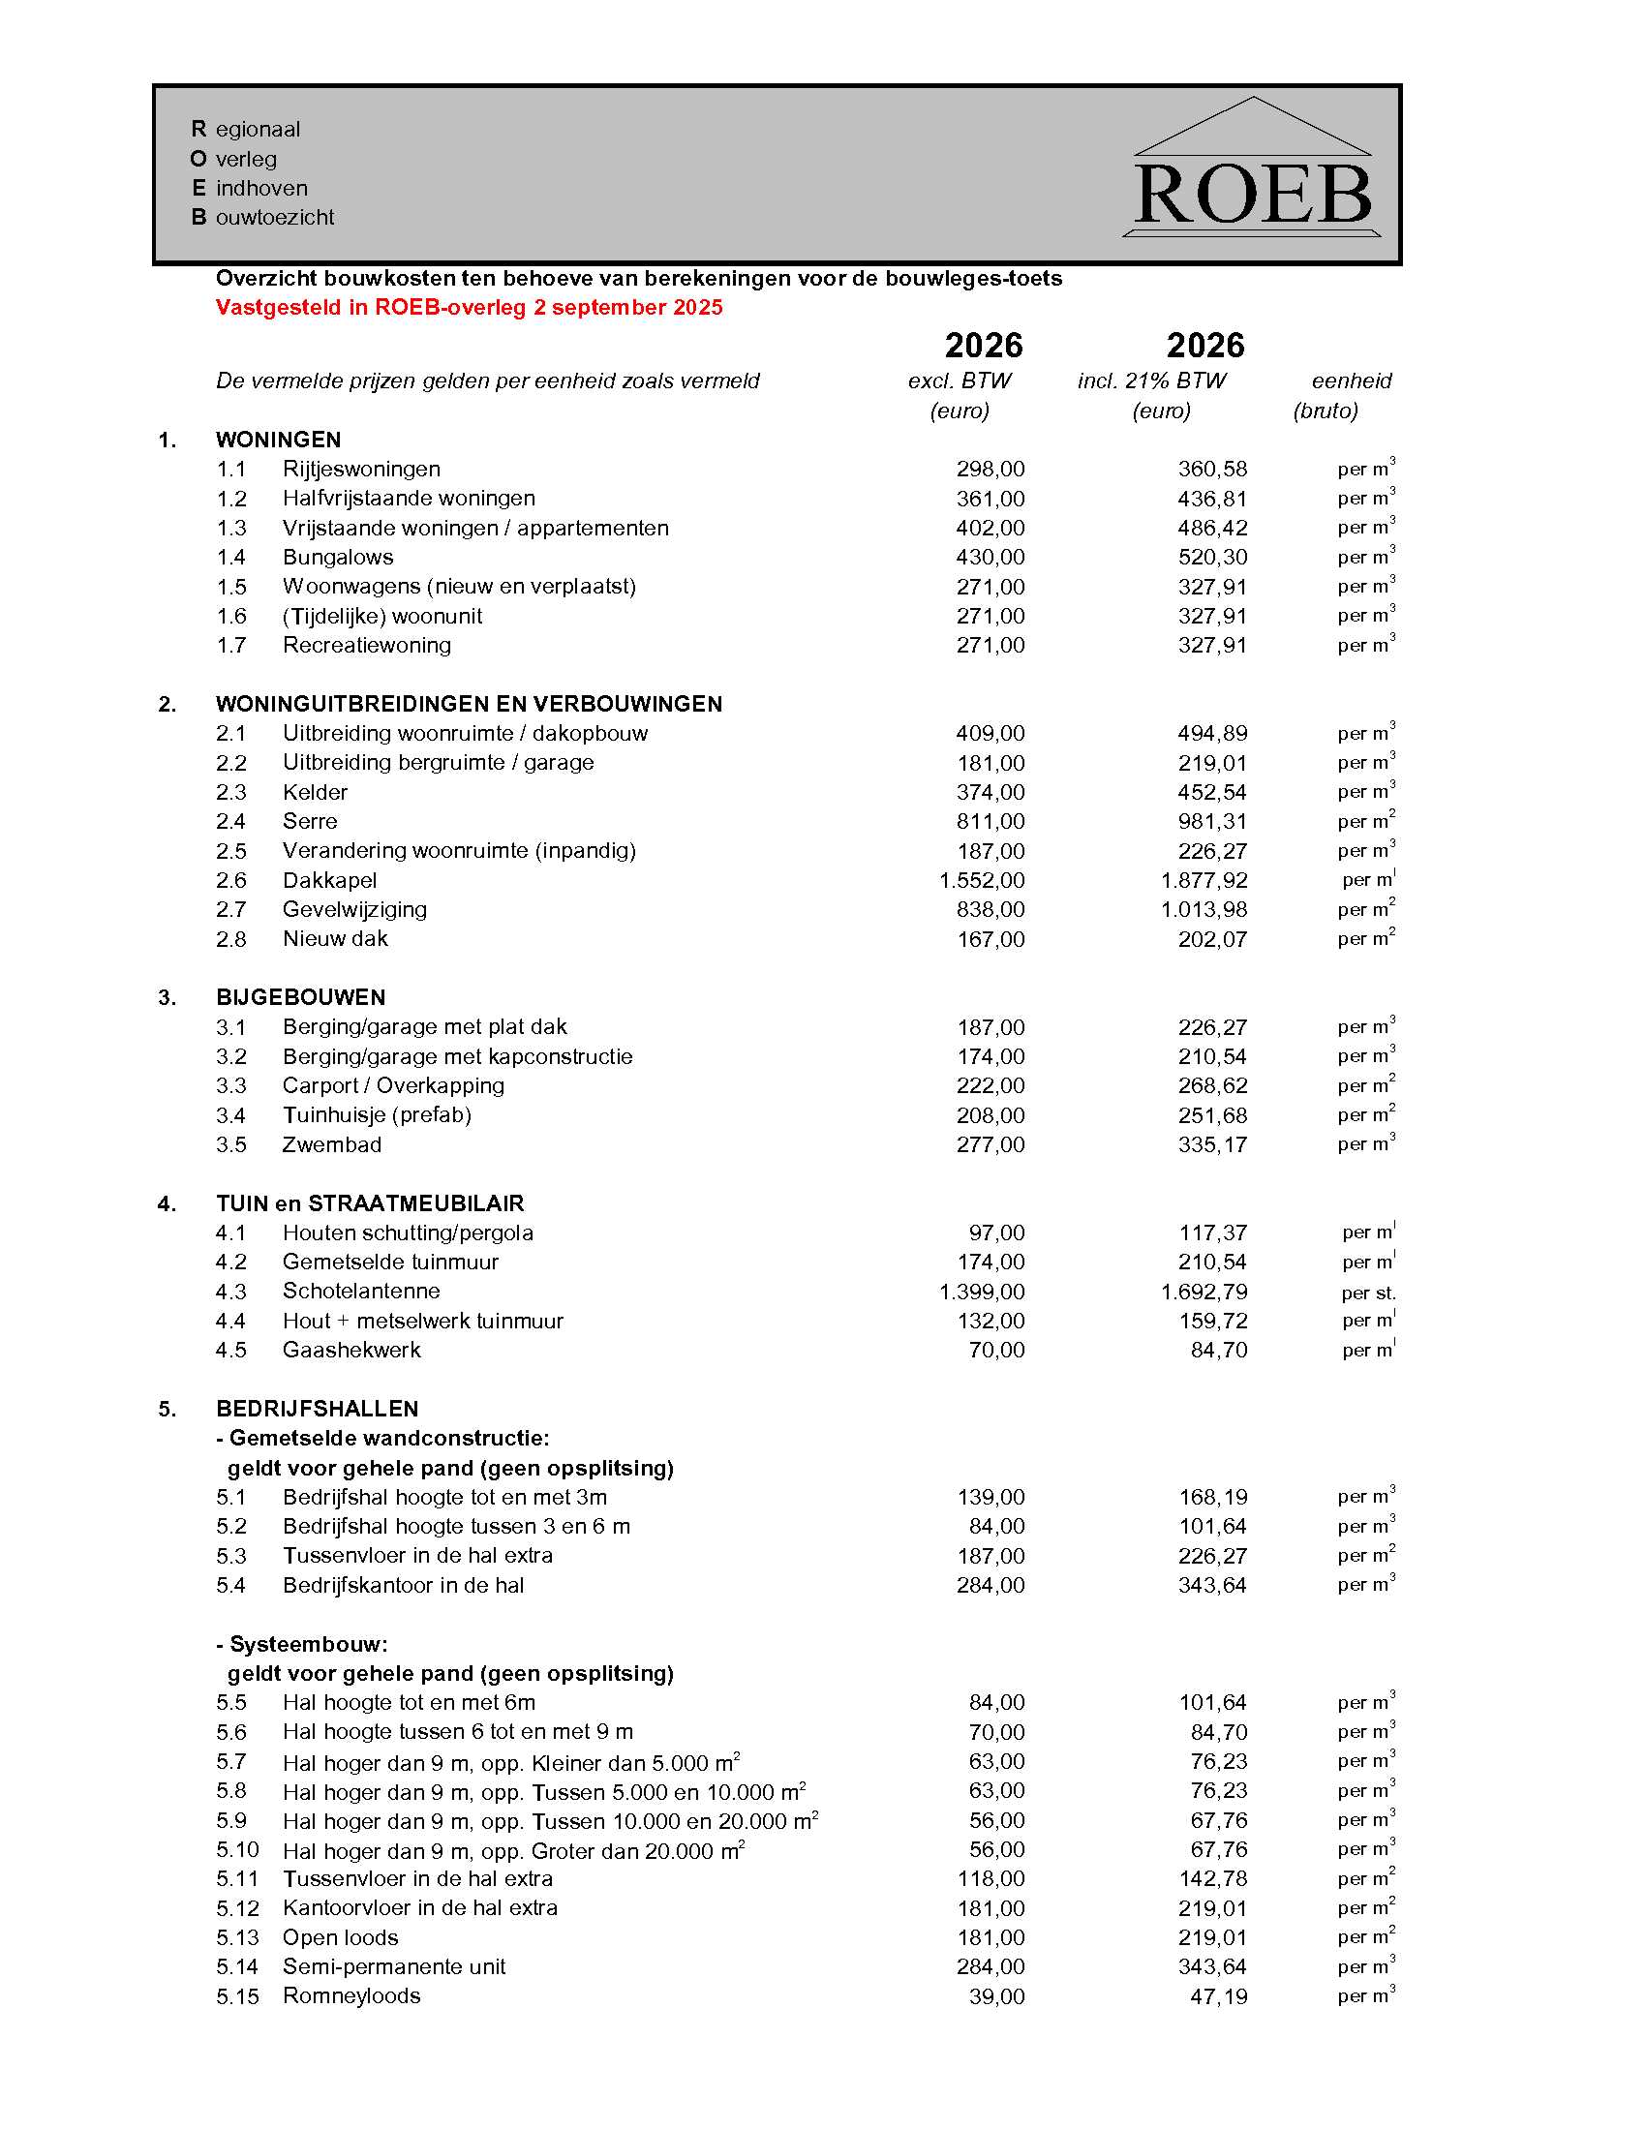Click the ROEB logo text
click(1253, 195)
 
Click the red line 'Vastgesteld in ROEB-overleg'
click(469, 308)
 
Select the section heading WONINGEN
click(278, 440)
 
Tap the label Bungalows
click(337, 557)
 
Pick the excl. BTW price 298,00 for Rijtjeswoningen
click(990, 470)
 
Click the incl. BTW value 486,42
click(1212, 528)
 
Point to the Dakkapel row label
click(329, 881)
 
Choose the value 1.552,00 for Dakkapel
click(981, 881)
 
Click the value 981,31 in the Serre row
click(1212, 821)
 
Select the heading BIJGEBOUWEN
click(300, 997)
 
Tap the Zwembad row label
click(331, 1145)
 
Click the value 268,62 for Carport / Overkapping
click(1212, 1086)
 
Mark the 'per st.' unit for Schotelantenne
click(1368, 1293)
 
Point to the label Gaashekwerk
click(351, 1351)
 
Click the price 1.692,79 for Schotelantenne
click(1204, 1293)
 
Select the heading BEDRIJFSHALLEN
click(317, 1410)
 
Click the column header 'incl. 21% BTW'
click(1151, 381)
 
